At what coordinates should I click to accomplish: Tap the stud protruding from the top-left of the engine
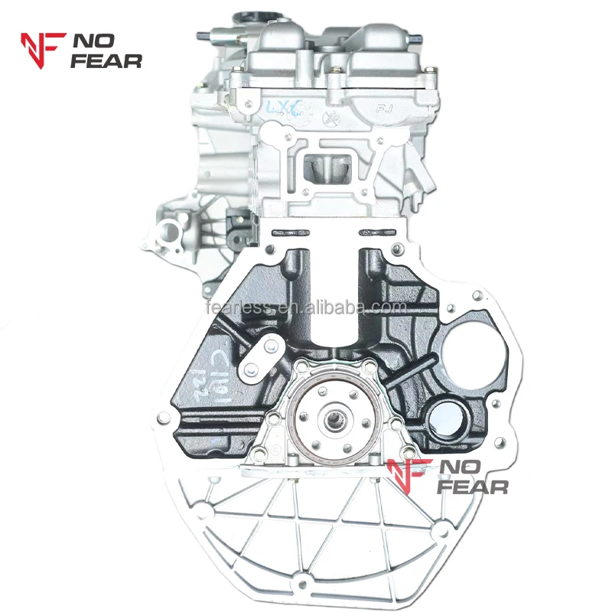tap(201, 35)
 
